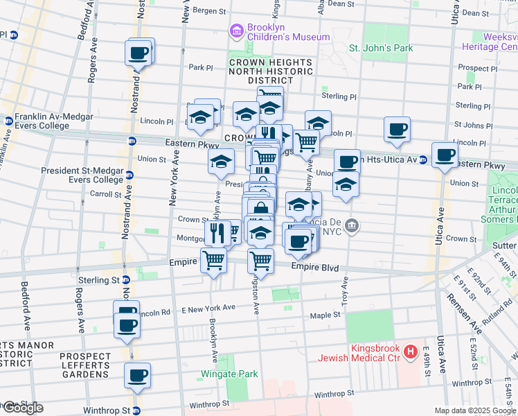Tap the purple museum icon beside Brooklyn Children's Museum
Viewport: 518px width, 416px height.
(x=235, y=31)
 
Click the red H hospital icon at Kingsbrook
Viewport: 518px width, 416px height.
(x=411, y=352)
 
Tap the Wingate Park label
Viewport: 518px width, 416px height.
(x=229, y=374)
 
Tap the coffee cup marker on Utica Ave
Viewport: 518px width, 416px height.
(x=445, y=155)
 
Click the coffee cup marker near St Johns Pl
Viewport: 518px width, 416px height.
(x=397, y=129)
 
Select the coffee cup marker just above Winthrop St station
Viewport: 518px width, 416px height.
(x=137, y=375)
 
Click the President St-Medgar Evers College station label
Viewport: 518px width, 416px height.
(x=82, y=175)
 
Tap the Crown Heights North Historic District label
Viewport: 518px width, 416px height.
(x=262, y=71)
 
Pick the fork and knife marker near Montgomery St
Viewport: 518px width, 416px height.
(x=217, y=233)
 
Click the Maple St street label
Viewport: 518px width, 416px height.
(x=325, y=315)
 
